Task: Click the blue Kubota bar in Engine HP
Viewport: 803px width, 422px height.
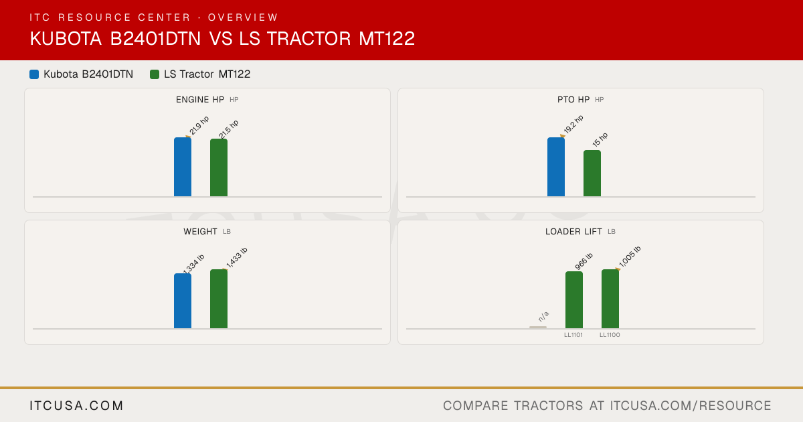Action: click(x=183, y=167)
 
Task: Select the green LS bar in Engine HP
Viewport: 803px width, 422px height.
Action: click(x=219, y=167)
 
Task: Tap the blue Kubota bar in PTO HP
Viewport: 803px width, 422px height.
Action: click(x=556, y=167)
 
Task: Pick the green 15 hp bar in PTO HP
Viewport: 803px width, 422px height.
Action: click(x=592, y=173)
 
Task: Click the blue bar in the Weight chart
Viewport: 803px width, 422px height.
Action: click(x=183, y=301)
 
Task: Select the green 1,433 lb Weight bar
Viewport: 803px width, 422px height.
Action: click(x=219, y=299)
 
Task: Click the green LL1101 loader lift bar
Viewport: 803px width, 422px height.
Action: click(x=574, y=300)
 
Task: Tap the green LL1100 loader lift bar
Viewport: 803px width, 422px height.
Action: click(x=610, y=299)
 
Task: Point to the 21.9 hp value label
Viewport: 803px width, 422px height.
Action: click(x=199, y=125)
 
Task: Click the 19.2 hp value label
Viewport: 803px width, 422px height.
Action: click(x=573, y=124)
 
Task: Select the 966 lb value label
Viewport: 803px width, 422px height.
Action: click(x=584, y=261)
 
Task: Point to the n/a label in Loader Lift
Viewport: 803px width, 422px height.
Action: click(x=543, y=316)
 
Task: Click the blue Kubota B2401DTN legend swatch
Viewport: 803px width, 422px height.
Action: click(x=34, y=74)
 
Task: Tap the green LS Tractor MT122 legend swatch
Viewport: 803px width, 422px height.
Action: click(x=155, y=74)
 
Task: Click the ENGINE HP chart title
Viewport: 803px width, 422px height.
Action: click(x=200, y=100)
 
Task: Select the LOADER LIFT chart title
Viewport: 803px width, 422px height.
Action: click(x=573, y=232)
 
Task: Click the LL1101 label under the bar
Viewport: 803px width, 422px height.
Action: click(x=573, y=335)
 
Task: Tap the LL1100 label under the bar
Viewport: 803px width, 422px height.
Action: click(x=610, y=335)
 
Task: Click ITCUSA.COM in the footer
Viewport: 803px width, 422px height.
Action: click(x=76, y=406)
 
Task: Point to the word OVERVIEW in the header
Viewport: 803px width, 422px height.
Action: click(x=243, y=17)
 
